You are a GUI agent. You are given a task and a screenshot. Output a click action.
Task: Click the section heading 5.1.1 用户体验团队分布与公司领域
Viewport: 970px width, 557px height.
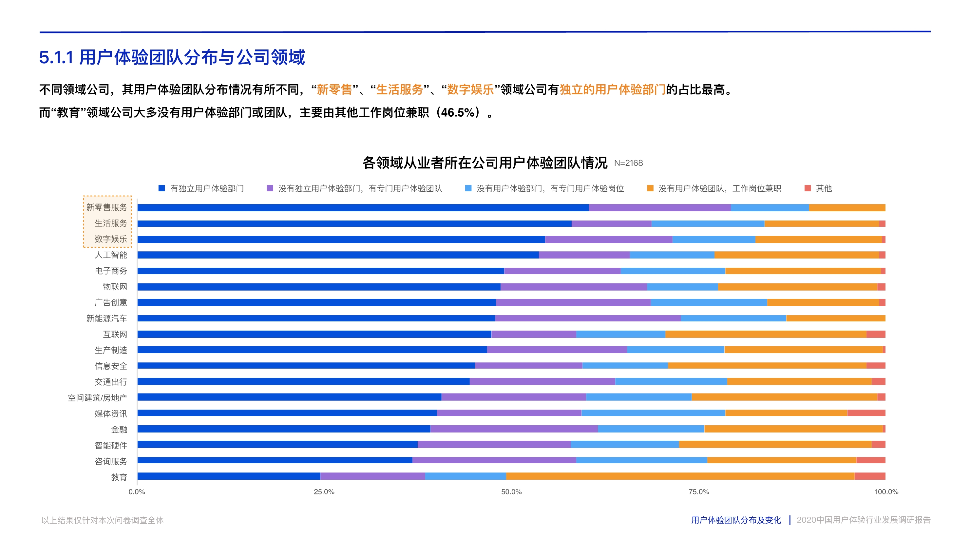pyautogui.click(x=172, y=57)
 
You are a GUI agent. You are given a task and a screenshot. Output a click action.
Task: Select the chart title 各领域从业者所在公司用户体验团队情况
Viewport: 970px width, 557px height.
pyautogui.click(x=485, y=163)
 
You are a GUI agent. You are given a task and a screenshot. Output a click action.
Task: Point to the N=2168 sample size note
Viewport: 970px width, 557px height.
pyautogui.click(x=628, y=163)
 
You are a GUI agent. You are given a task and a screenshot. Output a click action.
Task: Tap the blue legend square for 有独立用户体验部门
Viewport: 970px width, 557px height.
pyautogui.click(x=162, y=188)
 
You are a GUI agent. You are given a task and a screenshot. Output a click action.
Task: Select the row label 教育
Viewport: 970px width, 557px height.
pyautogui.click(x=119, y=477)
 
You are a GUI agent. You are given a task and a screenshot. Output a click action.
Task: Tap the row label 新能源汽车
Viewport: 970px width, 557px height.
pyautogui.click(x=107, y=318)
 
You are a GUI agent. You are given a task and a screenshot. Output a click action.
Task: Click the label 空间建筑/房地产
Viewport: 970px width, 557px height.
pyautogui.click(x=98, y=398)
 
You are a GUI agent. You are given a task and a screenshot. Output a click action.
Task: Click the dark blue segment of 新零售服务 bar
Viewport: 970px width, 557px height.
pyautogui.click(x=363, y=208)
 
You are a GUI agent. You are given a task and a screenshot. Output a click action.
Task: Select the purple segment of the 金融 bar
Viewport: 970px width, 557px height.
pyautogui.click(x=514, y=429)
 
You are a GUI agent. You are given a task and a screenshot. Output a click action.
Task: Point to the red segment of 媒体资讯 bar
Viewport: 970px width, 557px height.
pyautogui.click(x=866, y=413)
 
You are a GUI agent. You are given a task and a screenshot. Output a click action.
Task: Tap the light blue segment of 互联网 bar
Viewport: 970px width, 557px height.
pyautogui.click(x=620, y=334)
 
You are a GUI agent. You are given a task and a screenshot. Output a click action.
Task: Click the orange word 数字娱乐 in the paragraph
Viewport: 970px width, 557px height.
pyautogui.click(x=470, y=89)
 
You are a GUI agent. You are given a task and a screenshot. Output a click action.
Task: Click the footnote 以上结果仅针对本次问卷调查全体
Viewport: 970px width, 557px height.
pyautogui.click(x=103, y=520)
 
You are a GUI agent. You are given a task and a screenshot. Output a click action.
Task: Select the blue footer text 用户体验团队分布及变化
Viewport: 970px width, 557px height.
pyautogui.click(x=735, y=520)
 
